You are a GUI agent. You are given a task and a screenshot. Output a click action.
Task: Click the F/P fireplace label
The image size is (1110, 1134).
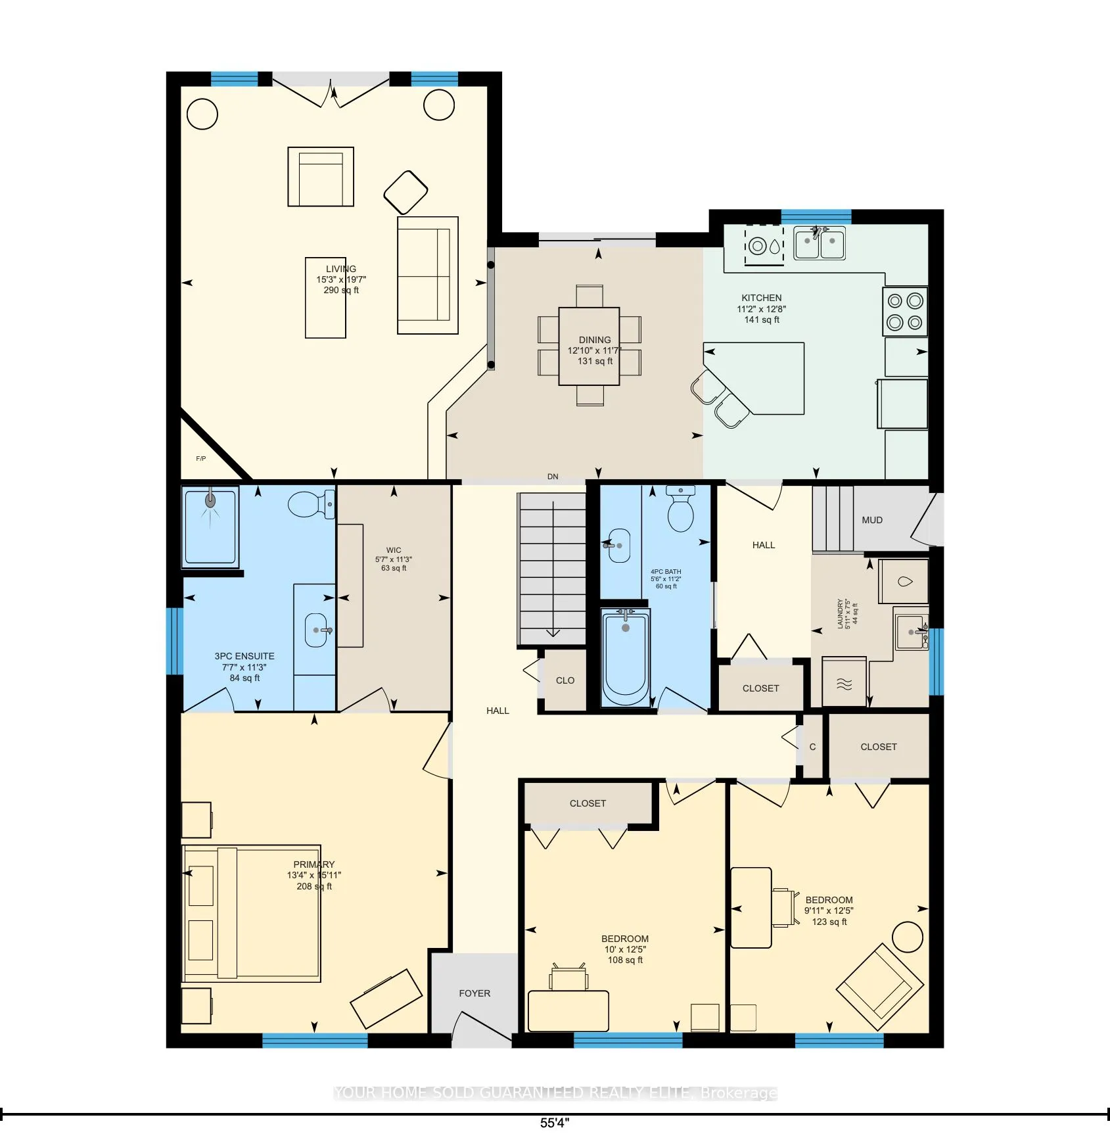click(201, 459)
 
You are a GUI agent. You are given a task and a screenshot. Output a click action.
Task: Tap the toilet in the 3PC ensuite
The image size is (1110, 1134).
click(310, 504)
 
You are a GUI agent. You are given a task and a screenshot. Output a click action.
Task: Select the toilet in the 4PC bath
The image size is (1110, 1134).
click(681, 510)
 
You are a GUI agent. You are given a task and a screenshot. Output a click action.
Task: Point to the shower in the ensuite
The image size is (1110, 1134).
click(210, 527)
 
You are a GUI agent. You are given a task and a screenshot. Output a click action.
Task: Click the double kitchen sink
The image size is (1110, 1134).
click(820, 243)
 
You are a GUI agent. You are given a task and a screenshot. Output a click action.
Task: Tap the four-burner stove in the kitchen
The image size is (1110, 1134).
click(905, 312)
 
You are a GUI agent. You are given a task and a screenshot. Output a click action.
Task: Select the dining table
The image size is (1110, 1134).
click(589, 346)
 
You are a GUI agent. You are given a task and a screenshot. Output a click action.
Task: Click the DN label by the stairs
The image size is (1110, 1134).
click(553, 477)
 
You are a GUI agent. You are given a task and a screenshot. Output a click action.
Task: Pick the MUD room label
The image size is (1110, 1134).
click(872, 520)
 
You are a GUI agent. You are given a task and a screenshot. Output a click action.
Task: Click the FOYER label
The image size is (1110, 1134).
click(474, 993)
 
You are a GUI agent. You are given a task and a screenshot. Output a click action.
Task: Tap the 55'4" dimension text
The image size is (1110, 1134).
click(555, 1123)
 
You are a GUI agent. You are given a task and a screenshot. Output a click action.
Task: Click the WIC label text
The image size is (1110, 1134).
click(394, 550)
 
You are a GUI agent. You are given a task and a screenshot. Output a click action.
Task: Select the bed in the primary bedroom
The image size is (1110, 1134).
click(252, 913)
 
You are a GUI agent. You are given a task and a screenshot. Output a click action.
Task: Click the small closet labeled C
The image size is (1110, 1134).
click(813, 747)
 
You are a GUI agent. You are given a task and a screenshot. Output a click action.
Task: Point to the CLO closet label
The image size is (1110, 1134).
click(565, 680)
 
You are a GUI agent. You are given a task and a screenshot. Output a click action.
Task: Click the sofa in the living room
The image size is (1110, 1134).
click(427, 275)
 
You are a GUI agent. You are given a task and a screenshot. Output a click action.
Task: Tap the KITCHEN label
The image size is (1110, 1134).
click(762, 298)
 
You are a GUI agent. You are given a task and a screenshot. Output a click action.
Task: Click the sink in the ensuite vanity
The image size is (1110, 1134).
click(317, 630)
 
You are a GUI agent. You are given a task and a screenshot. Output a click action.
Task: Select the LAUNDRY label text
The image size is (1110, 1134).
click(841, 613)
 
